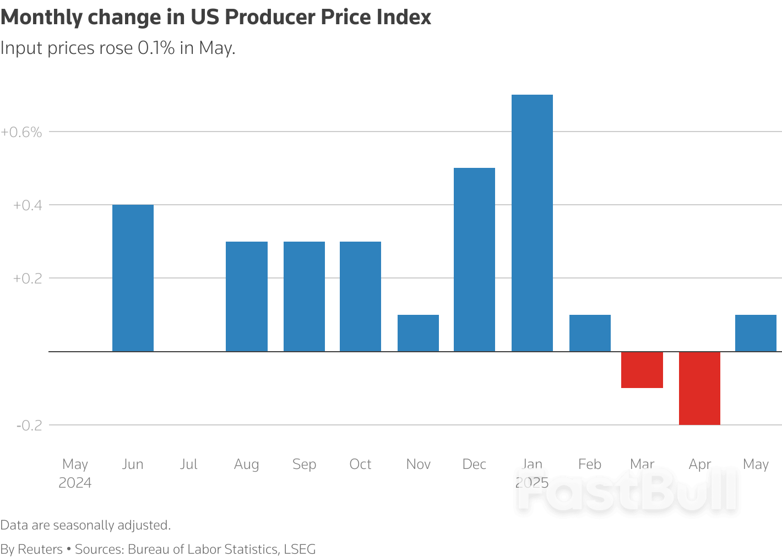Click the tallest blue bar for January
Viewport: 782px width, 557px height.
click(x=532, y=223)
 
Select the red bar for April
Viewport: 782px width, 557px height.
click(x=699, y=388)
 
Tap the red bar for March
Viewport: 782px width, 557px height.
click(x=642, y=370)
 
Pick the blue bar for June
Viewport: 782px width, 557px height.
click(x=133, y=278)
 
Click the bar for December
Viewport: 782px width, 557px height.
click(x=474, y=260)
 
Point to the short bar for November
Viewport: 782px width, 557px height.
click(x=418, y=333)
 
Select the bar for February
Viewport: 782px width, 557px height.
click(x=590, y=333)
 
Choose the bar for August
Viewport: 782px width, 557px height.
click(x=247, y=296)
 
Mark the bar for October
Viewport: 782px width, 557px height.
click(x=360, y=296)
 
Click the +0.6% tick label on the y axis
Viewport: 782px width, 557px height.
click(x=21, y=132)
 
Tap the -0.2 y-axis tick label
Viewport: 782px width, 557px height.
click(x=29, y=425)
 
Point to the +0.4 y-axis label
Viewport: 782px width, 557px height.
click(x=28, y=205)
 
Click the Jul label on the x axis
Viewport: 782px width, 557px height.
click(x=188, y=464)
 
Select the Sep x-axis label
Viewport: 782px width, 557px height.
click(x=304, y=464)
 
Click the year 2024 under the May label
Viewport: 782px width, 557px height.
click(x=75, y=483)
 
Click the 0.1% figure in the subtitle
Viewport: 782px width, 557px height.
click(x=156, y=48)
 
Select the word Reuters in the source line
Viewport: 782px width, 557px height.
click(x=40, y=549)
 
